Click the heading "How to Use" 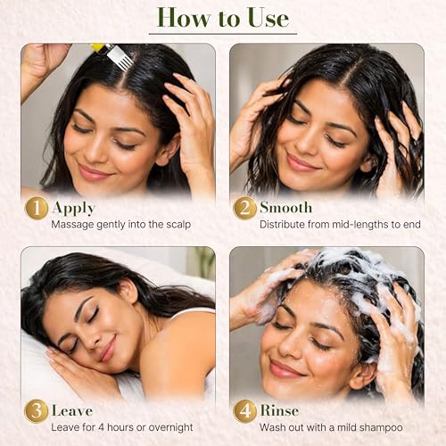pos(223,17)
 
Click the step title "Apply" pos(73,207)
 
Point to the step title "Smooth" pos(285,207)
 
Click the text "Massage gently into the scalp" pos(120,224)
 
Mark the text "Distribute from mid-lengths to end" pos(340,224)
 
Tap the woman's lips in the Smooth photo pos(301,162)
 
